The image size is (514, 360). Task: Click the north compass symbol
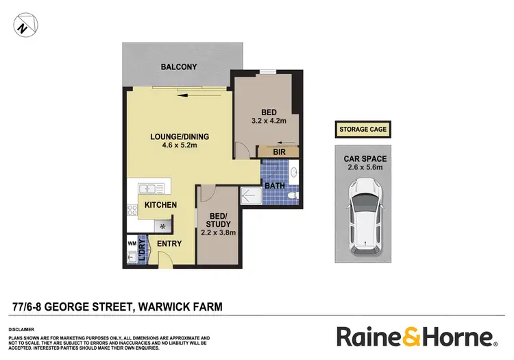click(x=24, y=27)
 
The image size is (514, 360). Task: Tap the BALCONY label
click(x=179, y=67)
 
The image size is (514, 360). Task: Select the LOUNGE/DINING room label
click(x=180, y=136)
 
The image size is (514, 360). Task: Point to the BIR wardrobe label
click(x=278, y=152)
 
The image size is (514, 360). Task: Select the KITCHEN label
click(x=161, y=205)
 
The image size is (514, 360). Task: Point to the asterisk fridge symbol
click(x=162, y=226)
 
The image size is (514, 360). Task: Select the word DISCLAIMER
click(x=22, y=328)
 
